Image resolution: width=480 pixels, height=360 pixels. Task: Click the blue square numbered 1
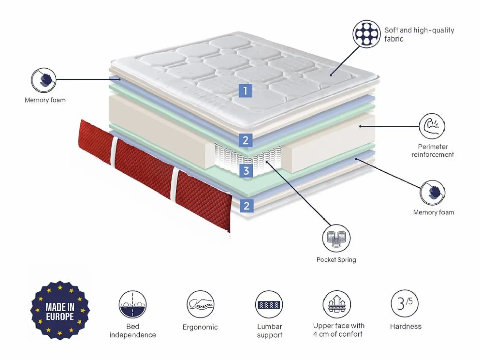tap(245, 91)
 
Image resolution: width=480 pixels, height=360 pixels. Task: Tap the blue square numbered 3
tap(246, 171)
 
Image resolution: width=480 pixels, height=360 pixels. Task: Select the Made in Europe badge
tap(60, 310)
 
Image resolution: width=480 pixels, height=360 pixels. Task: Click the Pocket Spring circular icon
tap(336, 238)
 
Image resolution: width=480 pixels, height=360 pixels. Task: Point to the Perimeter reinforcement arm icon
tap(432, 126)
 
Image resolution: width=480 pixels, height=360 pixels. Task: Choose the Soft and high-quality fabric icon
tap(366, 34)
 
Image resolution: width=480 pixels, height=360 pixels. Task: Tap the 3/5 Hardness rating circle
tap(405, 304)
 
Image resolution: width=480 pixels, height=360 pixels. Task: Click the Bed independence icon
tap(133, 304)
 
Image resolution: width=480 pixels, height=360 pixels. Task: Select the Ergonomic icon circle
tap(200, 304)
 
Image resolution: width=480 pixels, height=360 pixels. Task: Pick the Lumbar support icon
tap(269, 304)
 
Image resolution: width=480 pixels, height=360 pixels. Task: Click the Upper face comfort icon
tap(337, 304)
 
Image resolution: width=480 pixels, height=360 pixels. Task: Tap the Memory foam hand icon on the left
tap(44, 80)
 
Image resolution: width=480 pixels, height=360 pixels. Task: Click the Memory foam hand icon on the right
tap(432, 192)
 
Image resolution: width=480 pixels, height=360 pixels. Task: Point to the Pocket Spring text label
tap(336, 260)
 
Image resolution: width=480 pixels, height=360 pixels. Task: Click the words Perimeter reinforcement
tap(433, 151)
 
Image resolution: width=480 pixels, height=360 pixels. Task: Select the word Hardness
tap(406, 326)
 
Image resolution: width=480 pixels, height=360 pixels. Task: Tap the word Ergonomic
tap(200, 327)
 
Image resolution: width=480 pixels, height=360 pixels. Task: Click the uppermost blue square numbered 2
tap(245, 140)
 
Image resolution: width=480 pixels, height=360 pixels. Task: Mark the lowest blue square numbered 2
tap(247, 206)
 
